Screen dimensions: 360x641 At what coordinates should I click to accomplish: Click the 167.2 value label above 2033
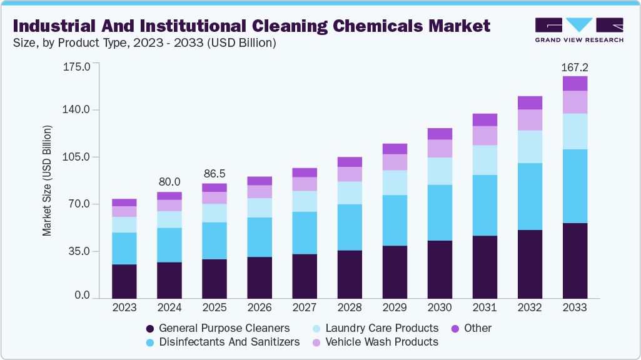point(575,67)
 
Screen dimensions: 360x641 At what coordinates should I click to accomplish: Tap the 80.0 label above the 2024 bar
point(169,182)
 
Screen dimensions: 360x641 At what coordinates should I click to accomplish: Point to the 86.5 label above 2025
point(215,173)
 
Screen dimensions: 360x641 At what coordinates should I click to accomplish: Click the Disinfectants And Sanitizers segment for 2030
point(440,212)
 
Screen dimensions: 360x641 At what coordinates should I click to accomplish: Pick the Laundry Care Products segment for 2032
point(530,147)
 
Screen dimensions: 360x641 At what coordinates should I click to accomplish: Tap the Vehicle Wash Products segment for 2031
point(485,136)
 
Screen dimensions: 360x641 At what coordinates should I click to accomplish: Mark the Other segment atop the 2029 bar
point(395,149)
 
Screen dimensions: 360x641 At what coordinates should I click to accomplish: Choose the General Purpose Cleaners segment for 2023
point(124,281)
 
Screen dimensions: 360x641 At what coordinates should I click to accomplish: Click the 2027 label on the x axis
point(305,307)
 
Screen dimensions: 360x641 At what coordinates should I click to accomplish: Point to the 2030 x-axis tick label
point(440,307)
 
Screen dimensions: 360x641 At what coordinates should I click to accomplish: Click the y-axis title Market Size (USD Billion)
point(47,181)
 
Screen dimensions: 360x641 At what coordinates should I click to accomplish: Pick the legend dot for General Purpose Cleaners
point(149,329)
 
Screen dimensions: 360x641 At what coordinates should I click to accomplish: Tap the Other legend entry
point(477,328)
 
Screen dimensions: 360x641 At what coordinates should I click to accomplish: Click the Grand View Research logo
point(578,30)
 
